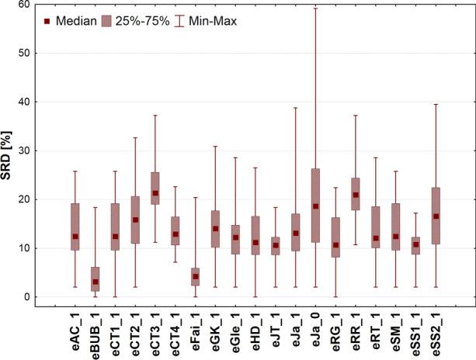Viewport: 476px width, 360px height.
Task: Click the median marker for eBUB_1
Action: click(96, 282)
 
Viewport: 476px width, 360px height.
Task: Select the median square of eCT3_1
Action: click(155, 193)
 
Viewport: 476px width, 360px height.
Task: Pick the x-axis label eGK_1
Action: click(215, 334)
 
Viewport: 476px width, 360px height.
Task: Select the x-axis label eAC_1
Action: click(75, 334)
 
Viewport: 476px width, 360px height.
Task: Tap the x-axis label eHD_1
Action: click(255, 334)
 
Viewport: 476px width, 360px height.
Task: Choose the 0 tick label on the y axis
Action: click(32, 297)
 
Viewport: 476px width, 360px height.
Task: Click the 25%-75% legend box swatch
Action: click(108, 21)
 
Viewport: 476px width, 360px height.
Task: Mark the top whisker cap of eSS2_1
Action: click(436, 104)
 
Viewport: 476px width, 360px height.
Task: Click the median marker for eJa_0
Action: click(315, 206)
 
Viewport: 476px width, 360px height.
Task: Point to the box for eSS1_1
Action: click(415, 246)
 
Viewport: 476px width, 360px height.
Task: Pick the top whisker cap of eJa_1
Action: click(295, 108)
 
